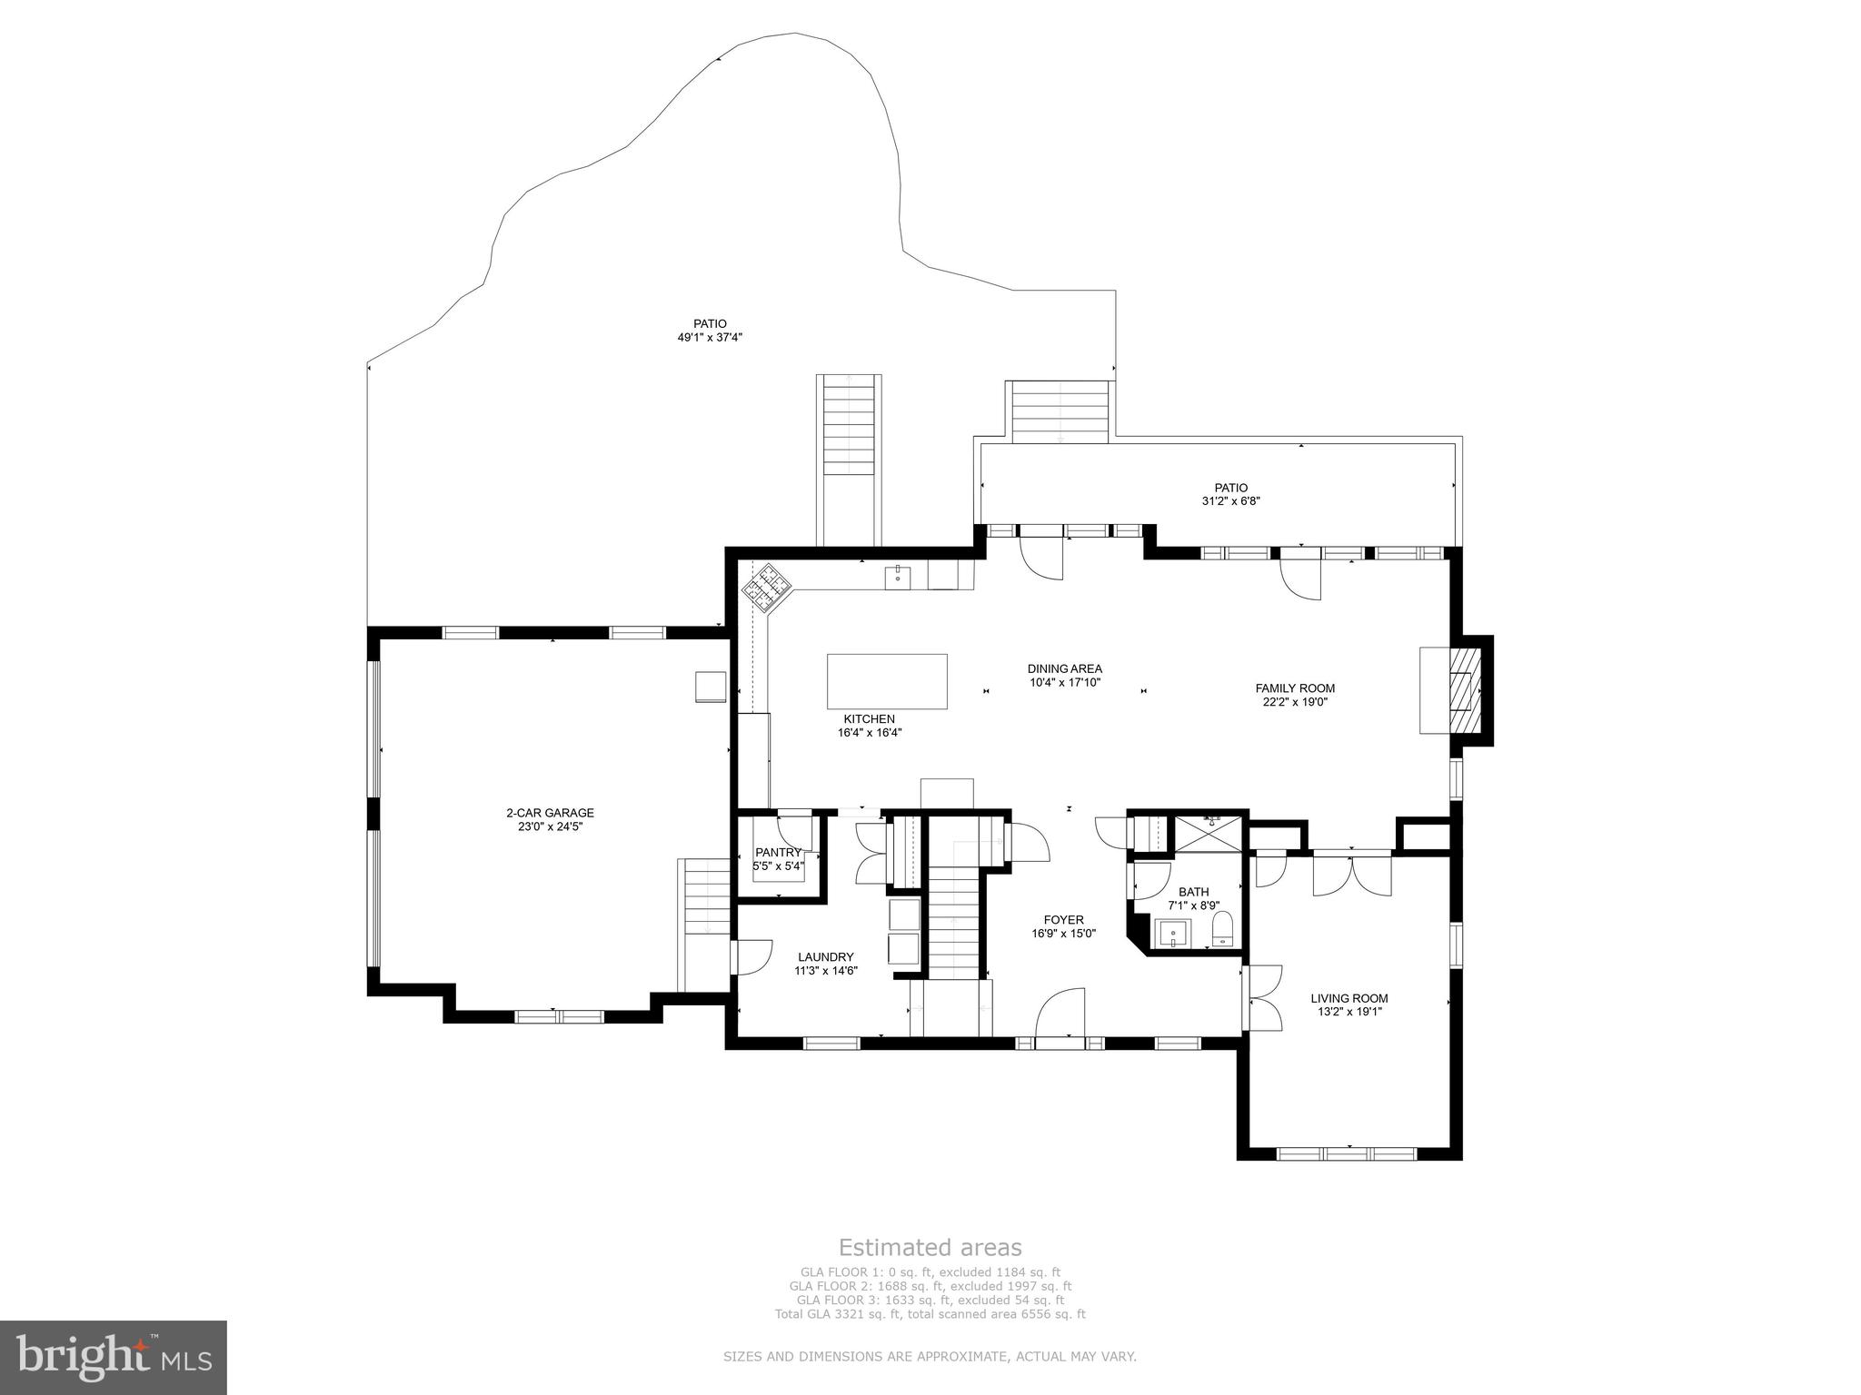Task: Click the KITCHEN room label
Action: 869,718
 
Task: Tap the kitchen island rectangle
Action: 887,681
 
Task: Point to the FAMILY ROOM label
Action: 1295,688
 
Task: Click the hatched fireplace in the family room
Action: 1462,690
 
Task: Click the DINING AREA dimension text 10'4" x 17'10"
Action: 1065,682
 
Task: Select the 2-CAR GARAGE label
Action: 550,813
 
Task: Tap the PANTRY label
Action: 778,852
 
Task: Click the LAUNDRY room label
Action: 825,956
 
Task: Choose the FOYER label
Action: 1063,920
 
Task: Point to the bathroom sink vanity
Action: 1173,933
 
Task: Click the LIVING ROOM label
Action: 1348,998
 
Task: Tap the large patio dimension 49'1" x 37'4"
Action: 710,337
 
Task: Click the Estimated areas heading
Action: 930,1247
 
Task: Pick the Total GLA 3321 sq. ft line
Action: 930,1313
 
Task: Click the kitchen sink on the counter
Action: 897,575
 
